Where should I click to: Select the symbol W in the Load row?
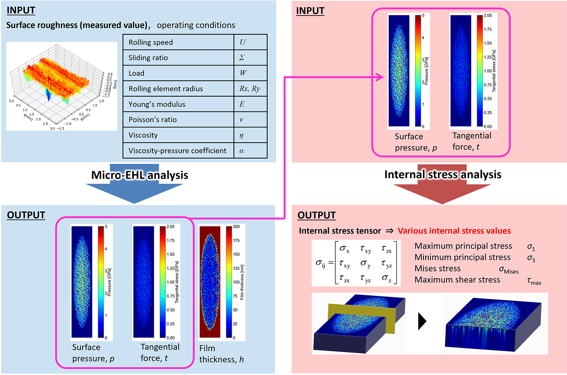(243, 73)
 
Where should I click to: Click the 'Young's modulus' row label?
(157, 104)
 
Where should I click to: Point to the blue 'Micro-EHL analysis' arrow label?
(140, 175)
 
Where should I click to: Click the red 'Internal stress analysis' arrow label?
(443, 174)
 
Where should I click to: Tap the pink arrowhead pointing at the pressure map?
(380, 77)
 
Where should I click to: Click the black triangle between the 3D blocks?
(422, 321)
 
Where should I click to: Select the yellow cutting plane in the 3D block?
(361, 318)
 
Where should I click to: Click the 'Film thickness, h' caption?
(221, 354)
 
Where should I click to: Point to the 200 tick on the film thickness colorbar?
(236, 227)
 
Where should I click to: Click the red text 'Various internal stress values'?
(454, 231)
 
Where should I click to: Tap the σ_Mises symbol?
(509, 270)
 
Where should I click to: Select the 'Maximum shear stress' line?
(457, 280)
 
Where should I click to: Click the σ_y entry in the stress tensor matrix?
(365, 264)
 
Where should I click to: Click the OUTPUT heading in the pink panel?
(316, 215)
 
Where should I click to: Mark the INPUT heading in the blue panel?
(21, 10)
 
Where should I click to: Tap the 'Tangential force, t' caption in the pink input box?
(472, 141)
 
